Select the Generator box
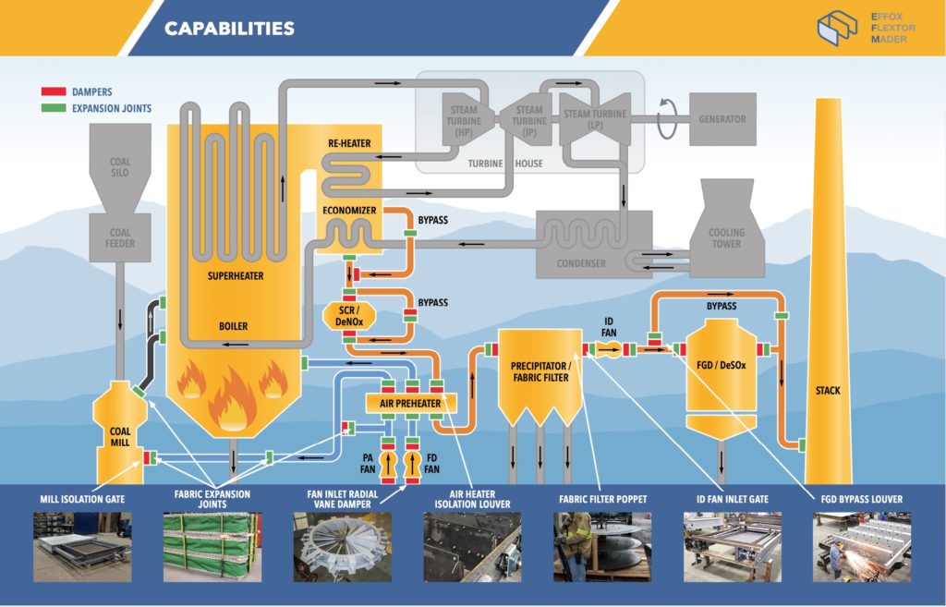click(x=722, y=119)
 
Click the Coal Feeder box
click(x=120, y=238)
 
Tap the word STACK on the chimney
click(x=828, y=391)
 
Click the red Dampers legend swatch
click(x=53, y=92)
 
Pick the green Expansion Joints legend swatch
click(x=53, y=108)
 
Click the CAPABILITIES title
click(x=229, y=29)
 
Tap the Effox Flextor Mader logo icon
click(x=837, y=28)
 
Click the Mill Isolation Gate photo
click(x=82, y=546)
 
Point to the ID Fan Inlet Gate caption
click(x=732, y=499)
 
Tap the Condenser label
click(x=582, y=263)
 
